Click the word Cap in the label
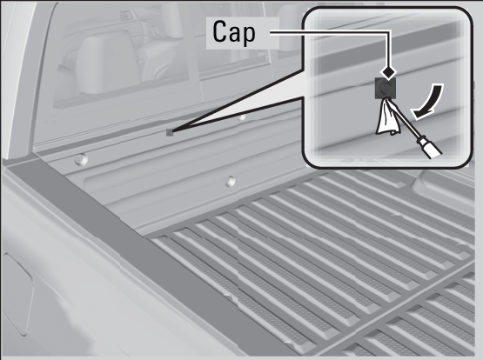pyautogui.click(x=234, y=32)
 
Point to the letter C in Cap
pyautogui.click(x=219, y=31)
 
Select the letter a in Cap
pyautogui.click(x=234, y=35)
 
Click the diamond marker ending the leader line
pyautogui.click(x=388, y=72)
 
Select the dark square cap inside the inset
pyautogui.click(x=385, y=89)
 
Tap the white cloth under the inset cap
pyautogui.click(x=388, y=117)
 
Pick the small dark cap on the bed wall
pyautogui.click(x=170, y=133)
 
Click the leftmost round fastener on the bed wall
pyautogui.click(x=81, y=159)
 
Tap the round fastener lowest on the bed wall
pyautogui.click(x=230, y=182)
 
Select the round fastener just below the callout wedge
pyautogui.click(x=242, y=117)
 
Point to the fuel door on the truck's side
pyautogui.click(x=17, y=292)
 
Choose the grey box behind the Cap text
pyautogui.click(x=243, y=33)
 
